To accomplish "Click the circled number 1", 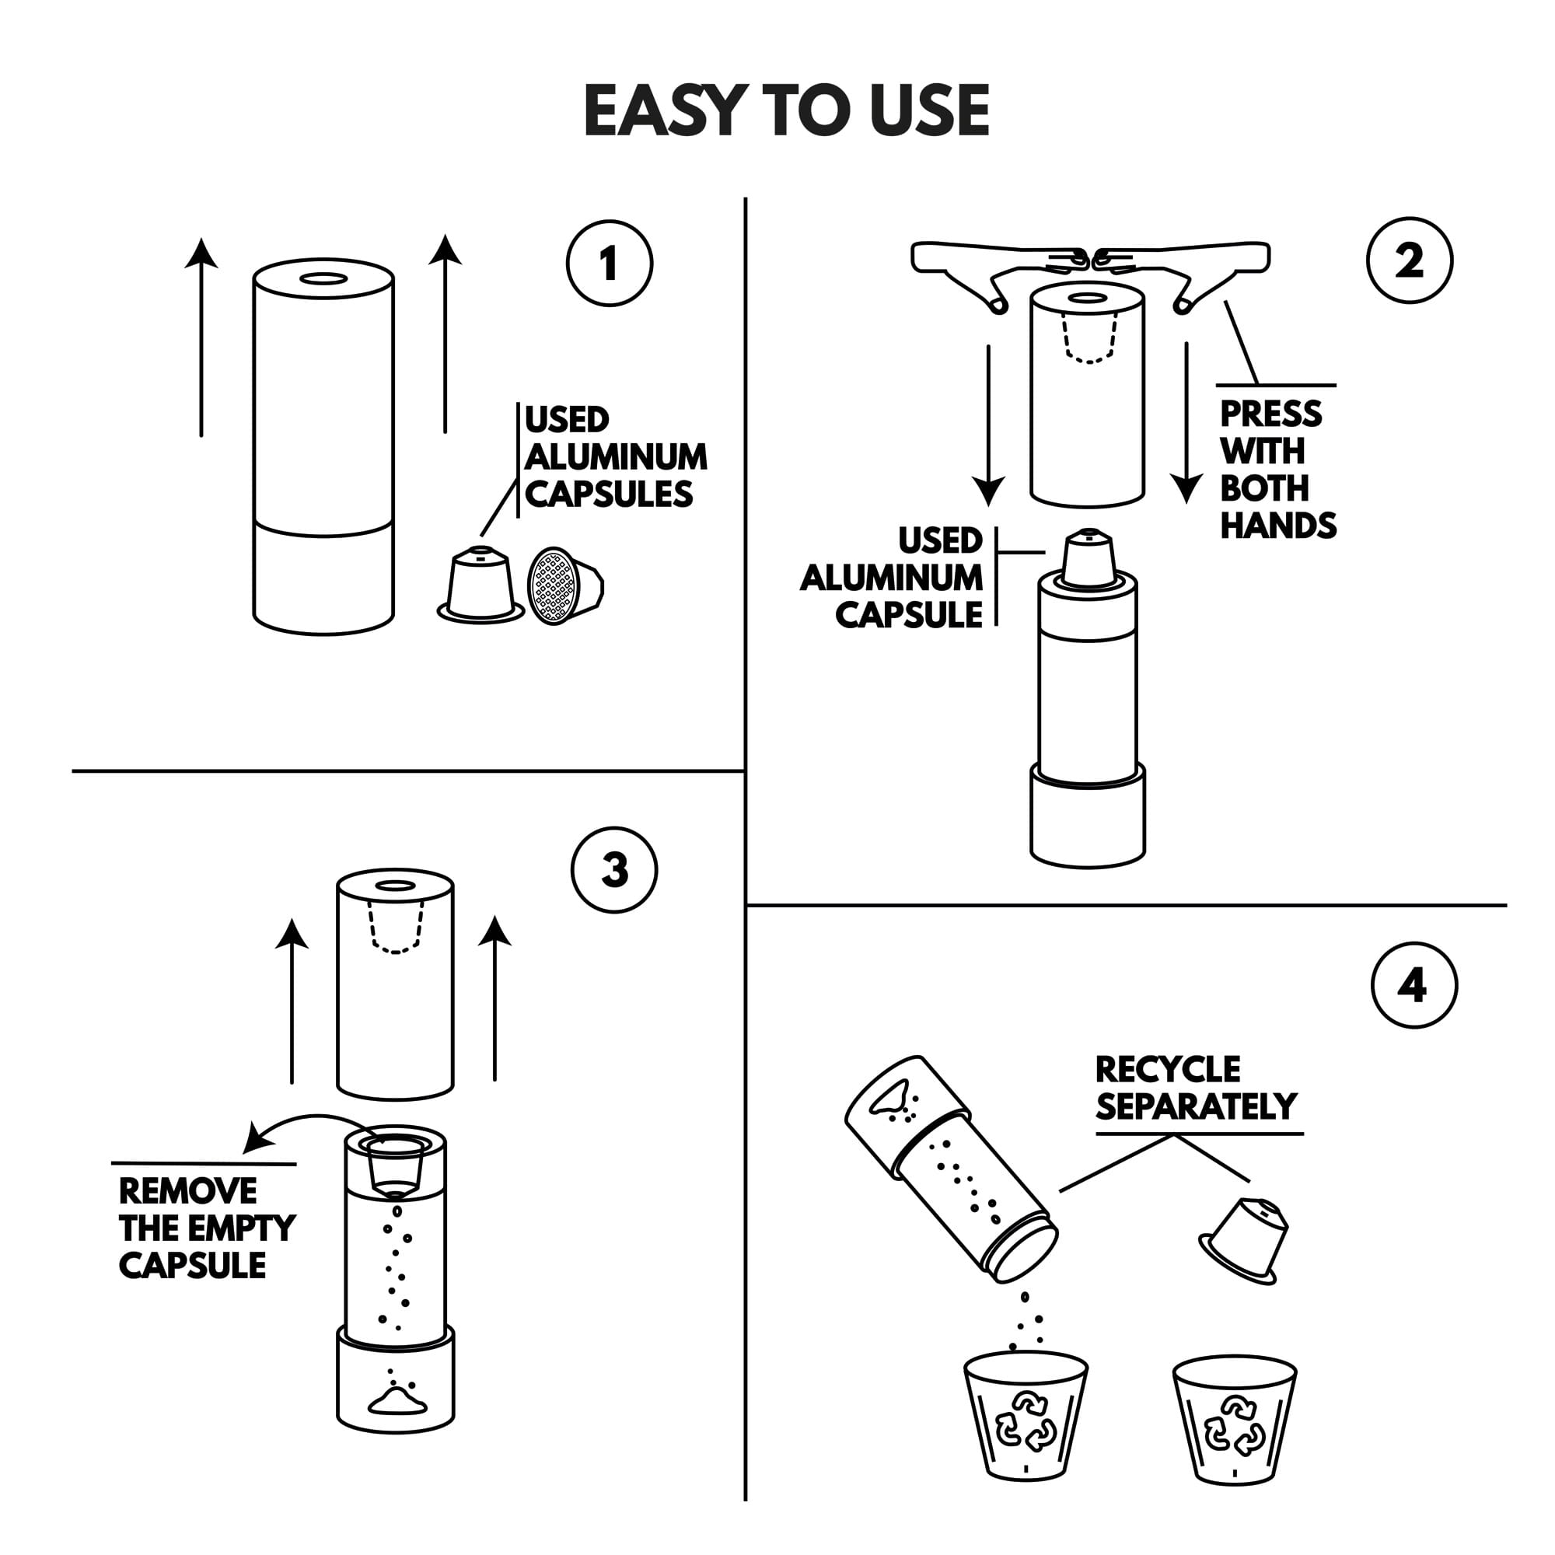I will pos(610,264).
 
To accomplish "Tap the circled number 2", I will pos(1410,260).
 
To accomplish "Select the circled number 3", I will pos(614,870).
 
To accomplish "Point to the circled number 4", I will pos(1414,985).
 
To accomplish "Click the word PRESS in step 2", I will pos(1271,414).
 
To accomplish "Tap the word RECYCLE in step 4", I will pos(1168,1069).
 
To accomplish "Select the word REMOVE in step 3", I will pos(187,1191).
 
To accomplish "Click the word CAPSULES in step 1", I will pos(609,494).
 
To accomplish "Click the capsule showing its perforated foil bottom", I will pos(564,586).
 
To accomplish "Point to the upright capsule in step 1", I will pos(480,584).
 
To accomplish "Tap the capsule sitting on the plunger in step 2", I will pos(1088,557).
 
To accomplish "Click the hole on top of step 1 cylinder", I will pos(323,279).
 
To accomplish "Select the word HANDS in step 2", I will pos(1278,526).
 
